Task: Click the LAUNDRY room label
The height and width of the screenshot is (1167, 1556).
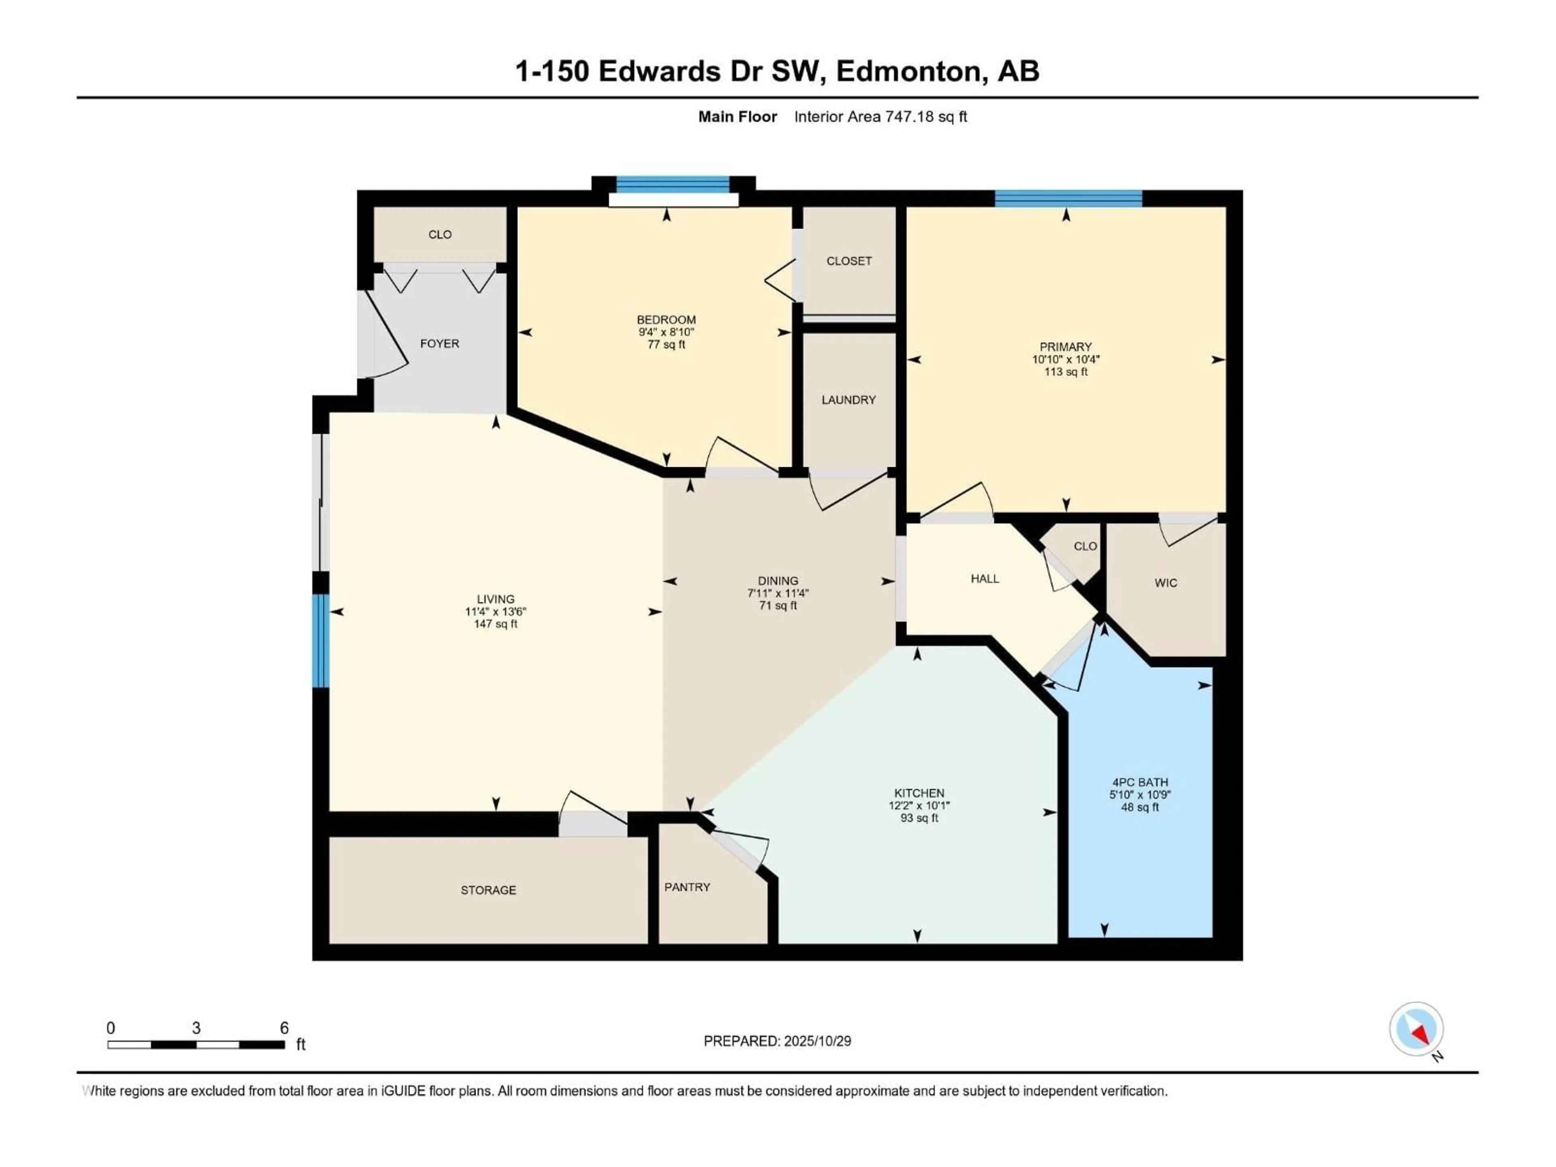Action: click(849, 400)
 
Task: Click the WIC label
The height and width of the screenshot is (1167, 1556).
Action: click(1166, 583)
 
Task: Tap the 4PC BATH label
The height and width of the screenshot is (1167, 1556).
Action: click(1139, 782)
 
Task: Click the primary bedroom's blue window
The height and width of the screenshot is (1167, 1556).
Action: click(1068, 199)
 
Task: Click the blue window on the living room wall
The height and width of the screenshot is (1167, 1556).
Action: click(321, 640)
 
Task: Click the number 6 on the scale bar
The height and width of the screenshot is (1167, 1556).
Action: click(284, 1028)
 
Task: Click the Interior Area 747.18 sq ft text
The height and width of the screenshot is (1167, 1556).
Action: click(880, 117)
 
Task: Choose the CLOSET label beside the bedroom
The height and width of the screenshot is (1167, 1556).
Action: click(849, 261)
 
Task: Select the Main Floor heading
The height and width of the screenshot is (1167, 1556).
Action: click(737, 117)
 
